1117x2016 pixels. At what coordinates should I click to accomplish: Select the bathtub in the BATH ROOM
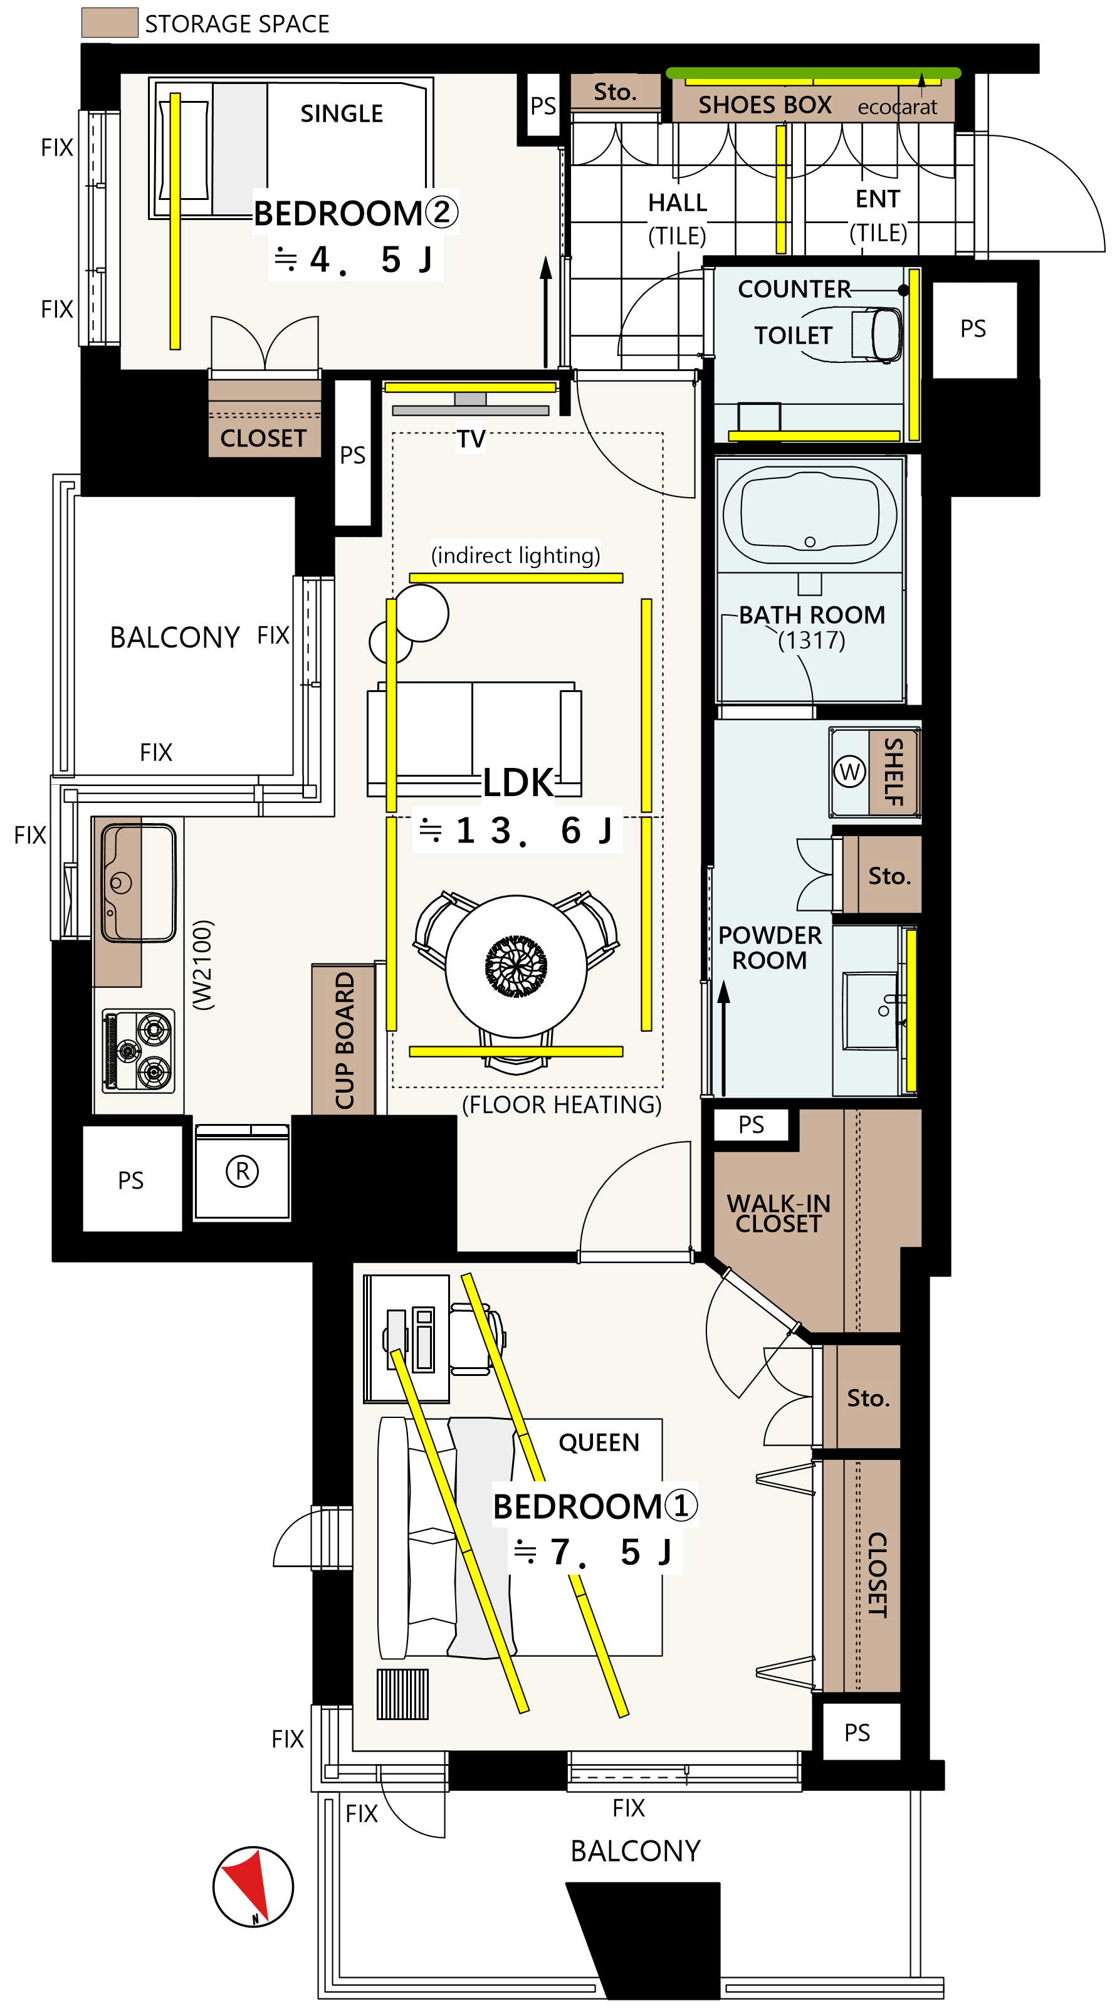[x=810, y=514]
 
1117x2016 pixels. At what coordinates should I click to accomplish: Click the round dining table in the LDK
[x=516, y=966]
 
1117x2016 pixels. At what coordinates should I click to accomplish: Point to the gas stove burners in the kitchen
[x=139, y=1050]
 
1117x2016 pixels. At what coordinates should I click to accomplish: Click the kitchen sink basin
[x=139, y=882]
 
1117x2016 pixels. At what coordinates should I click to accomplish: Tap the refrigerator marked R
[x=242, y=1172]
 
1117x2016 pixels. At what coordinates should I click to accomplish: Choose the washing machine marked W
[x=849, y=772]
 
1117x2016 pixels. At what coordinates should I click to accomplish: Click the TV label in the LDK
[x=471, y=439]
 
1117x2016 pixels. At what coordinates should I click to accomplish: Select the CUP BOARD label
[x=344, y=1040]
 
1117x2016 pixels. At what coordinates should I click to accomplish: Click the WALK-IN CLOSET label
[x=779, y=1213]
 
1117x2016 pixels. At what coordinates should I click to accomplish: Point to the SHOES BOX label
[x=765, y=105]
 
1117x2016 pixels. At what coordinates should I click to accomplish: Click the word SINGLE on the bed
[x=342, y=114]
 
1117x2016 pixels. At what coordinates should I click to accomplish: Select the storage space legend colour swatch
[x=110, y=22]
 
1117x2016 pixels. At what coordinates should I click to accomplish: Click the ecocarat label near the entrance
[x=897, y=107]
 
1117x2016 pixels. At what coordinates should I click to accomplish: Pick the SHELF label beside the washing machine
[x=894, y=772]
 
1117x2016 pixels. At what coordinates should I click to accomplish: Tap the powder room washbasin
[x=871, y=1011]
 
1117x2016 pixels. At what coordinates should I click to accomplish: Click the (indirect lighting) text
[x=516, y=555]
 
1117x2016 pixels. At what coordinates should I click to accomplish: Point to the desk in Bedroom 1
[x=406, y=1338]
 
